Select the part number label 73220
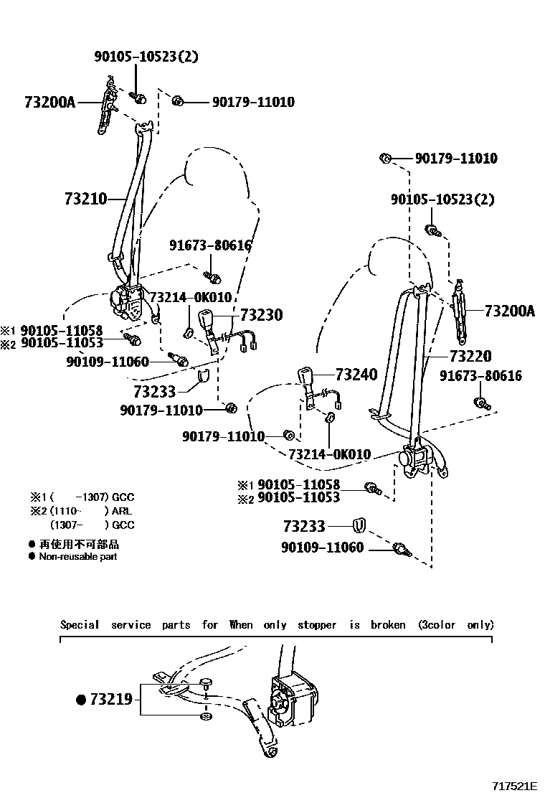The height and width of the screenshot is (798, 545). pos(470,356)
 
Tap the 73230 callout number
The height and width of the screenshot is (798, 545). pos(261,315)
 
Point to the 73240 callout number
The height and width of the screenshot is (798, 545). pos(356,375)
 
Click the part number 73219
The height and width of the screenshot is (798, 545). pos(111,698)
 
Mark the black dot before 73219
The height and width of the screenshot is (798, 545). pos(82,698)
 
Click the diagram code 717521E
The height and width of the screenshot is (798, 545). pos(514,787)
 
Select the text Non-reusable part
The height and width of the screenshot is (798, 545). pos(77,556)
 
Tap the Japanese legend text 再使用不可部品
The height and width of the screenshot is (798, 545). pos(79,545)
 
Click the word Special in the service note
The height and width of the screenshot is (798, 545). pos(80,624)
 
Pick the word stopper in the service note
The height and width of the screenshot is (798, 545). pos(316,624)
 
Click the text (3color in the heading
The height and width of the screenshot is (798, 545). pos(437,624)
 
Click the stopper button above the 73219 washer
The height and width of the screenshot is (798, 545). pos(206,682)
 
